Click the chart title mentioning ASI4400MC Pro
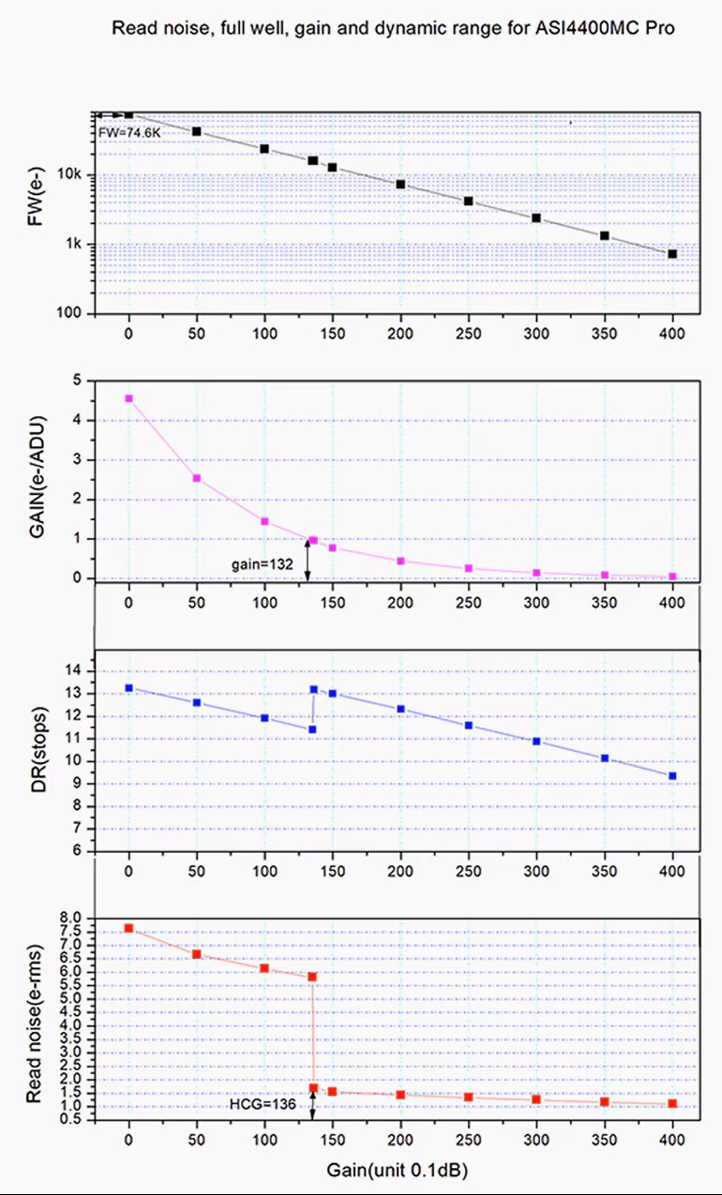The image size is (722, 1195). point(394,27)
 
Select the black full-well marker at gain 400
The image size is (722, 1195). point(672,254)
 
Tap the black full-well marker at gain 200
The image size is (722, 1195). point(400,185)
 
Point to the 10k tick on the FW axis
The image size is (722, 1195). point(74,175)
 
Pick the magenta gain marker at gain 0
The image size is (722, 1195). point(128,398)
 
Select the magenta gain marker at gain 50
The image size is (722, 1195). point(197,478)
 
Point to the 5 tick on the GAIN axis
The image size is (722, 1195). point(78,381)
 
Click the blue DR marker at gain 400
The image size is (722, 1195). point(672,776)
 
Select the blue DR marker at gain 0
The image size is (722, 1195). point(128,688)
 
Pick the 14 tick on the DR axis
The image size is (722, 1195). point(75,671)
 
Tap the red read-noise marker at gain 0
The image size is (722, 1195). point(128,928)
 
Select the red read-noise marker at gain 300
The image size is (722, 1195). point(536,1099)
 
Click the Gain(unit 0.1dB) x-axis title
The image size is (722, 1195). point(398,1171)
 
